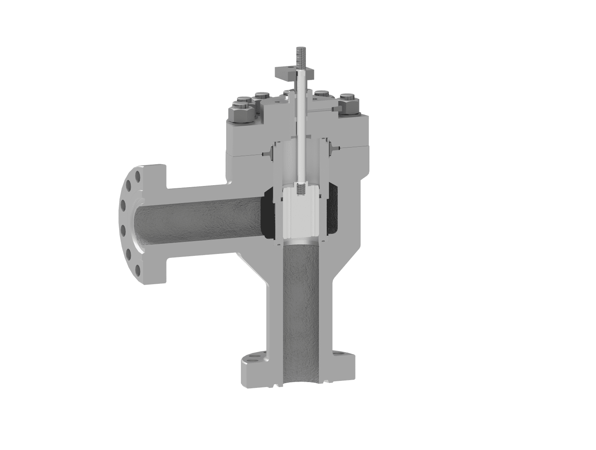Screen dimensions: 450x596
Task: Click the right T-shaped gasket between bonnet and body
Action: point(334,148)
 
